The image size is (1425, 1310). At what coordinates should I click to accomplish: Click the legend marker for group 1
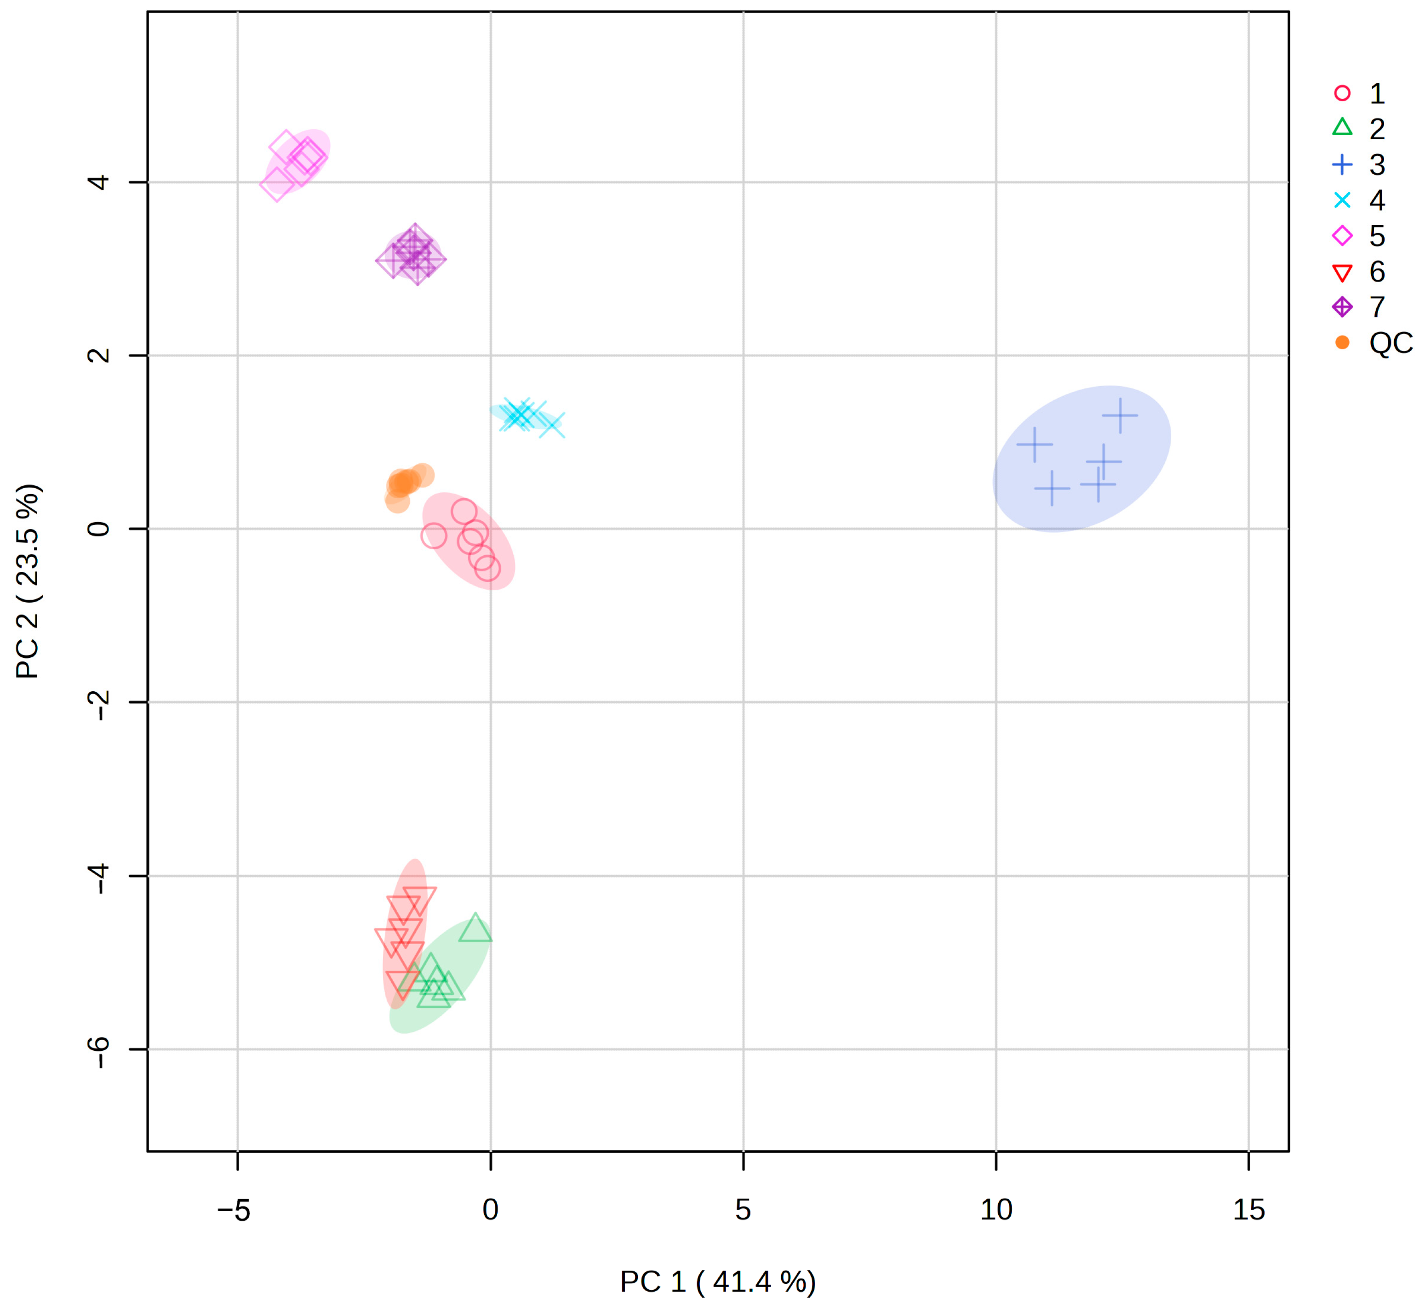(1342, 93)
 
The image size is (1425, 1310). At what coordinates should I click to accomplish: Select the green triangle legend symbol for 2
(1342, 128)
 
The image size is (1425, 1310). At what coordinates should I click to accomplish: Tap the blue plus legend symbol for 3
(1342, 165)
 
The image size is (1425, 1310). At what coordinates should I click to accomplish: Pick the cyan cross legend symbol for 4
(1342, 200)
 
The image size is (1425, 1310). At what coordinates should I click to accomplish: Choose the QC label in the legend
(1390, 343)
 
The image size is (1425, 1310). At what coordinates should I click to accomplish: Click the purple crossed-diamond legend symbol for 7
(1342, 307)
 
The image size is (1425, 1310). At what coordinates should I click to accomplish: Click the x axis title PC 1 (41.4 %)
(717, 1282)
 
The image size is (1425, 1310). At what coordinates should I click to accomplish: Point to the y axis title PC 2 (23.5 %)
(29, 581)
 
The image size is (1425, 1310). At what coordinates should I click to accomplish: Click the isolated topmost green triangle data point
(475, 928)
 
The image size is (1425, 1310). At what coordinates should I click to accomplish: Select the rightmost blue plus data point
(1119, 416)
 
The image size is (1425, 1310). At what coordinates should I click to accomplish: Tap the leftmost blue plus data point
(1034, 444)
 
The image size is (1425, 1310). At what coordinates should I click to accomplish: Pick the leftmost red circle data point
(433, 535)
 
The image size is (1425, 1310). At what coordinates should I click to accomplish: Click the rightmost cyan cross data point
(552, 425)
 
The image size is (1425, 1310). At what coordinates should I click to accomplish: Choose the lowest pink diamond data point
(276, 184)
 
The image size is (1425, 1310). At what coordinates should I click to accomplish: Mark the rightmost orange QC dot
(423, 475)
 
